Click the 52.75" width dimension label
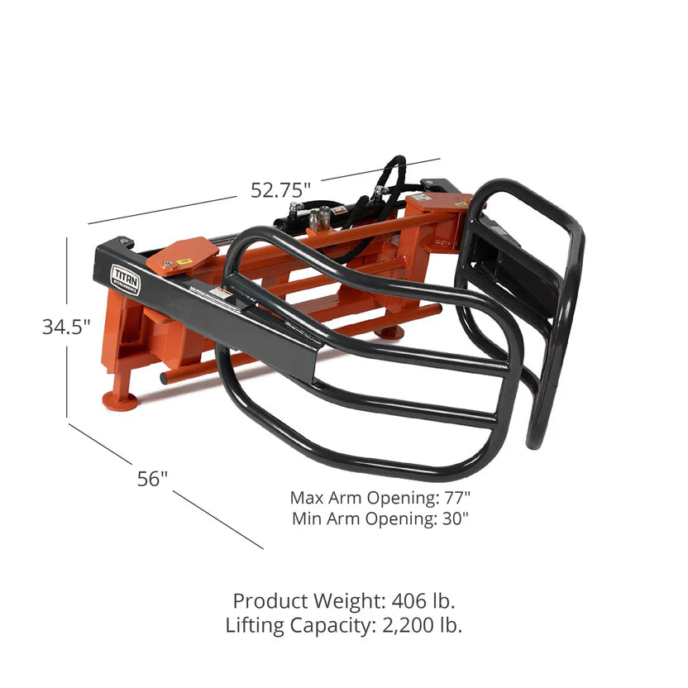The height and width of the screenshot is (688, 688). (x=281, y=189)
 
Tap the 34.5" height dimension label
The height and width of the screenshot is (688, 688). (x=66, y=327)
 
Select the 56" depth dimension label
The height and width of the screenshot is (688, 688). (x=153, y=478)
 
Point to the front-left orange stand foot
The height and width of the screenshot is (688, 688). (x=121, y=399)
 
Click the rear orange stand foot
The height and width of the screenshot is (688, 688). (x=389, y=332)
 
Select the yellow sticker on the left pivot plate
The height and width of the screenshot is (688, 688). (x=184, y=261)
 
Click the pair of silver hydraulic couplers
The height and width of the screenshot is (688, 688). (x=319, y=217)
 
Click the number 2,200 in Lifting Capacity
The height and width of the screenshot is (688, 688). (x=404, y=625)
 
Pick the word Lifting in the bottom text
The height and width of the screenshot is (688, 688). (x=257, y=625)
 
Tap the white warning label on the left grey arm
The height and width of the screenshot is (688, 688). (x=221, y=294)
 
